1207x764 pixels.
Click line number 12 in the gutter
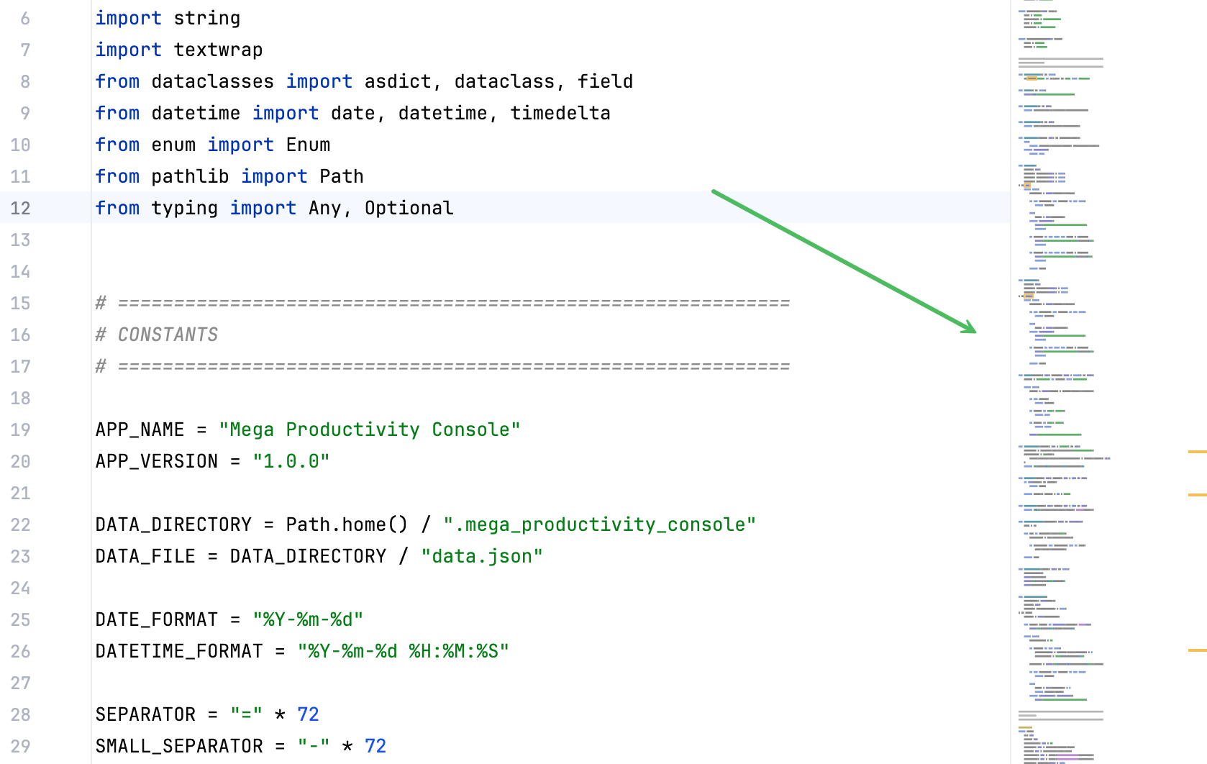[x=20, y=208]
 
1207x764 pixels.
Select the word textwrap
[x=218, y=50]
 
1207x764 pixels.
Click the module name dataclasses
[x=212, y=82]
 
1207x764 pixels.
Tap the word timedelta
[x=560, y=113]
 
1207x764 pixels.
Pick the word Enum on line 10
[x=308, y=145]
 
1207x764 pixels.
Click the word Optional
[x=409, y=209]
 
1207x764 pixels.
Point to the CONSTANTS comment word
[x=168, y=335]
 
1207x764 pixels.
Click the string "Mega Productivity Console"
[x=369, y=430]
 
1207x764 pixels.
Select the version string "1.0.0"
[x=291, y=462]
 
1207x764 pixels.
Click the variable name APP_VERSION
[x=156, y=462]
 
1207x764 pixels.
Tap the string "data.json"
[x=482, y=557]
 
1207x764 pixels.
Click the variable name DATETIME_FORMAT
[x=179, y=651]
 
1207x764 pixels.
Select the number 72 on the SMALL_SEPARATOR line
[x=375, y=746]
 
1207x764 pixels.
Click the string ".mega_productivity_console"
[x=599, y=524]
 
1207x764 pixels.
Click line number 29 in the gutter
[x=20, y=746]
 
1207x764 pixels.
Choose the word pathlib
[x=190, y=177]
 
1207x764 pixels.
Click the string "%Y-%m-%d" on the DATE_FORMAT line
[x=308, y=619]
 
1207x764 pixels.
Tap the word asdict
[x=398, y=82]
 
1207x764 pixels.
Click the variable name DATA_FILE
[x=145, y=557]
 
